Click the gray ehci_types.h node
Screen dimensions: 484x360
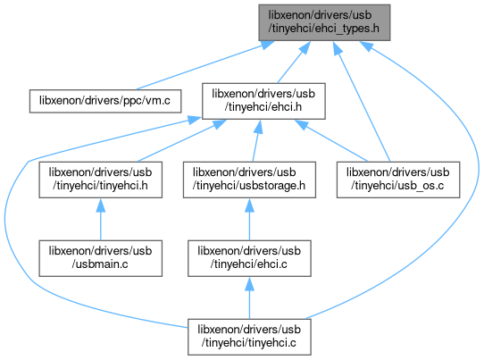coord(324,22)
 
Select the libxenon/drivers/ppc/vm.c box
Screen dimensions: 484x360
coord(105,101)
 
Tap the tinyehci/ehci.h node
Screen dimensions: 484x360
coord(263,101)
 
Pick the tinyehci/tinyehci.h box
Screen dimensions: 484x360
coord(100,180)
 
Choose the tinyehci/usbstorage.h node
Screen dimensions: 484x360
coord(249,180)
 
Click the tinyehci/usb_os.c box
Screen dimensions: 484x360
coord(398,180)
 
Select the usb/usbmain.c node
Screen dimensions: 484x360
coord(100,258)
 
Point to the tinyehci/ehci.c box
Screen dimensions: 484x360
coord(249,258)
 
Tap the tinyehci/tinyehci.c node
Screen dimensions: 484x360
coord(249,337)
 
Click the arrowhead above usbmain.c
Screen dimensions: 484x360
coord(100,205)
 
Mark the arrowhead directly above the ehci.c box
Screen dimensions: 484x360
coord(249,205)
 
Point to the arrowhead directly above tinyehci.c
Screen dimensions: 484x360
coord(249,284)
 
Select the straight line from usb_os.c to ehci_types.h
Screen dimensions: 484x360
coord(362,101)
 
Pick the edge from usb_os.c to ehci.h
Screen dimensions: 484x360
coord(331,140)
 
